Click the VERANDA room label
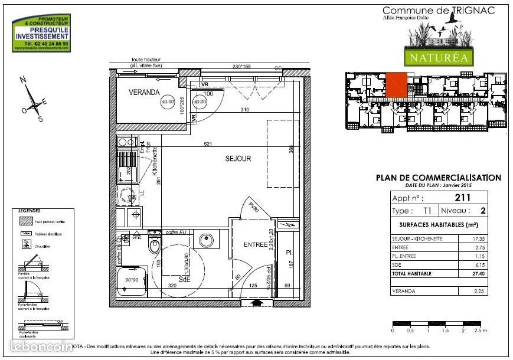tap(145, 92)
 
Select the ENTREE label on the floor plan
tap(256, 244)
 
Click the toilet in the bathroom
tap(155, 245)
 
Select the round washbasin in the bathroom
tap(207, 241)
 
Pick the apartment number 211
tap(462, 198)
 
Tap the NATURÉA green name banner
tap(437, 58)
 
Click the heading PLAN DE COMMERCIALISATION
tap(439, 178)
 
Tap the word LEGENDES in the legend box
tap(29, 211)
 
